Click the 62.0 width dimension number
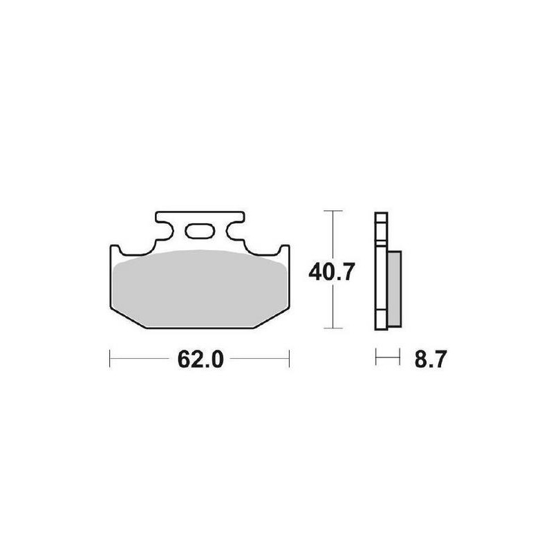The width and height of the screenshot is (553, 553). pos(200,359)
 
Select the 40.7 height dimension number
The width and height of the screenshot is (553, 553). pos(331,272)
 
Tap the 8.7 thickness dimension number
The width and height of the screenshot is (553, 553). pos(431,359)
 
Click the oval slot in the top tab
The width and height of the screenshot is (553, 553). pos(200,231)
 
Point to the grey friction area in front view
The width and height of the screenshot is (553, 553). pos(200,288)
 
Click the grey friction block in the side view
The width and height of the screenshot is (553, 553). pos(394,288)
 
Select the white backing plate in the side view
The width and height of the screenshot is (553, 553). pos(382,271)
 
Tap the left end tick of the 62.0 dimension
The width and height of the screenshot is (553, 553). pos(110,359)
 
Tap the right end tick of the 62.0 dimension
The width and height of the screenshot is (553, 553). pos(289,359)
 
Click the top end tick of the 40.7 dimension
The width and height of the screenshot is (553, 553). pos(333,211)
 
